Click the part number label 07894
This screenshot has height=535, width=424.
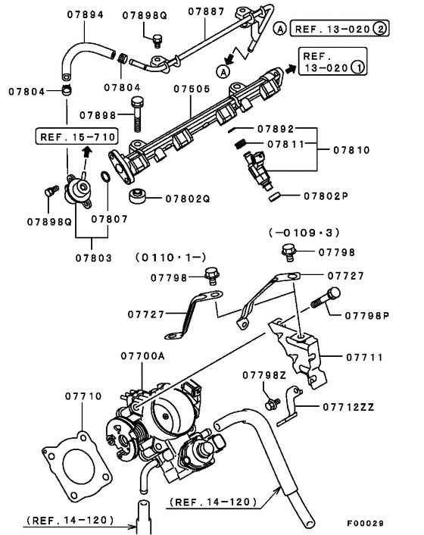tap(86, 14)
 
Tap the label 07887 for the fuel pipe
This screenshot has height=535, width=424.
tap(206, 11)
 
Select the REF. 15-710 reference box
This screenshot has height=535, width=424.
tap(77, 136)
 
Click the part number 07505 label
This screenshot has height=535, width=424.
tap(192, 89)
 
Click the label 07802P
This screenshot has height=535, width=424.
tap(326, 196)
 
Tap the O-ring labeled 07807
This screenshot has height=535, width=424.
tap(105, 177)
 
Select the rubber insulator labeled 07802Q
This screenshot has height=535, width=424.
tap(137, 196)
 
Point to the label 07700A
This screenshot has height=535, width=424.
tap(142, 356)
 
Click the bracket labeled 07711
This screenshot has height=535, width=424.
tap(298, 353)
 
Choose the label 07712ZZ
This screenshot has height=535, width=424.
tap(348, 407)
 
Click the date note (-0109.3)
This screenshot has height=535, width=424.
tap(304, 233)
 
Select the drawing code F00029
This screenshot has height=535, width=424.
tap(366, 524)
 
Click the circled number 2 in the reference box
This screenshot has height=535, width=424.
tap(379, 29)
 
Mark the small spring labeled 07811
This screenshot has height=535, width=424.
tap(240, 144)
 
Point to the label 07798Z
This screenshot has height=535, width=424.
tap(264, 375)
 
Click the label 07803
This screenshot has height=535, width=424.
tap(94, 258)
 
